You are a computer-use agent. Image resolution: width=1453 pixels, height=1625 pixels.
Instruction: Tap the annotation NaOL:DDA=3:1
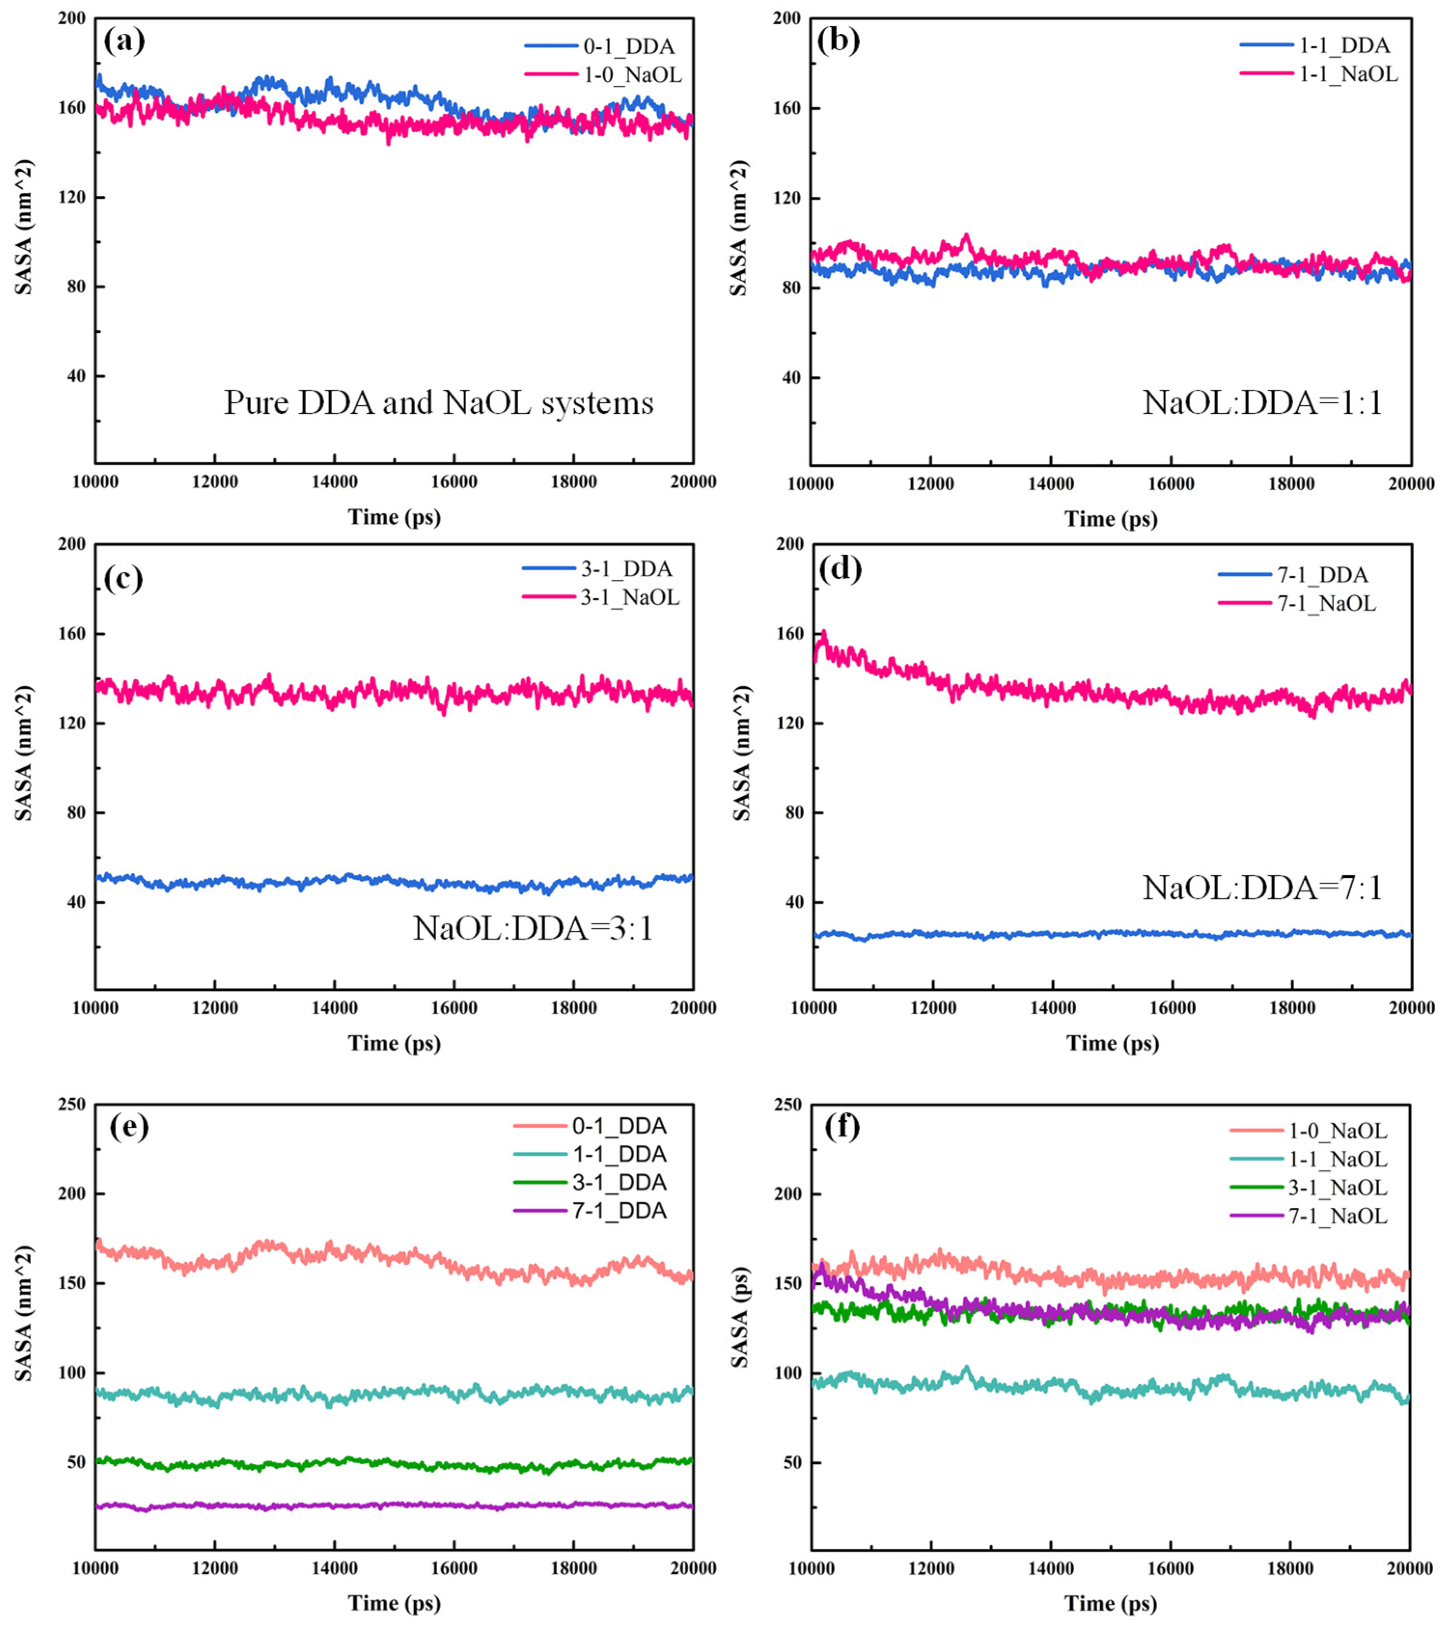[532, 928]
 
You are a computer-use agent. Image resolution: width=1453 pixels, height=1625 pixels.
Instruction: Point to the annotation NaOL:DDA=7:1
[1262, 888]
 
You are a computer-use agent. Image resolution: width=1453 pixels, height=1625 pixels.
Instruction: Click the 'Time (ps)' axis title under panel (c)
[394, 1043]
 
